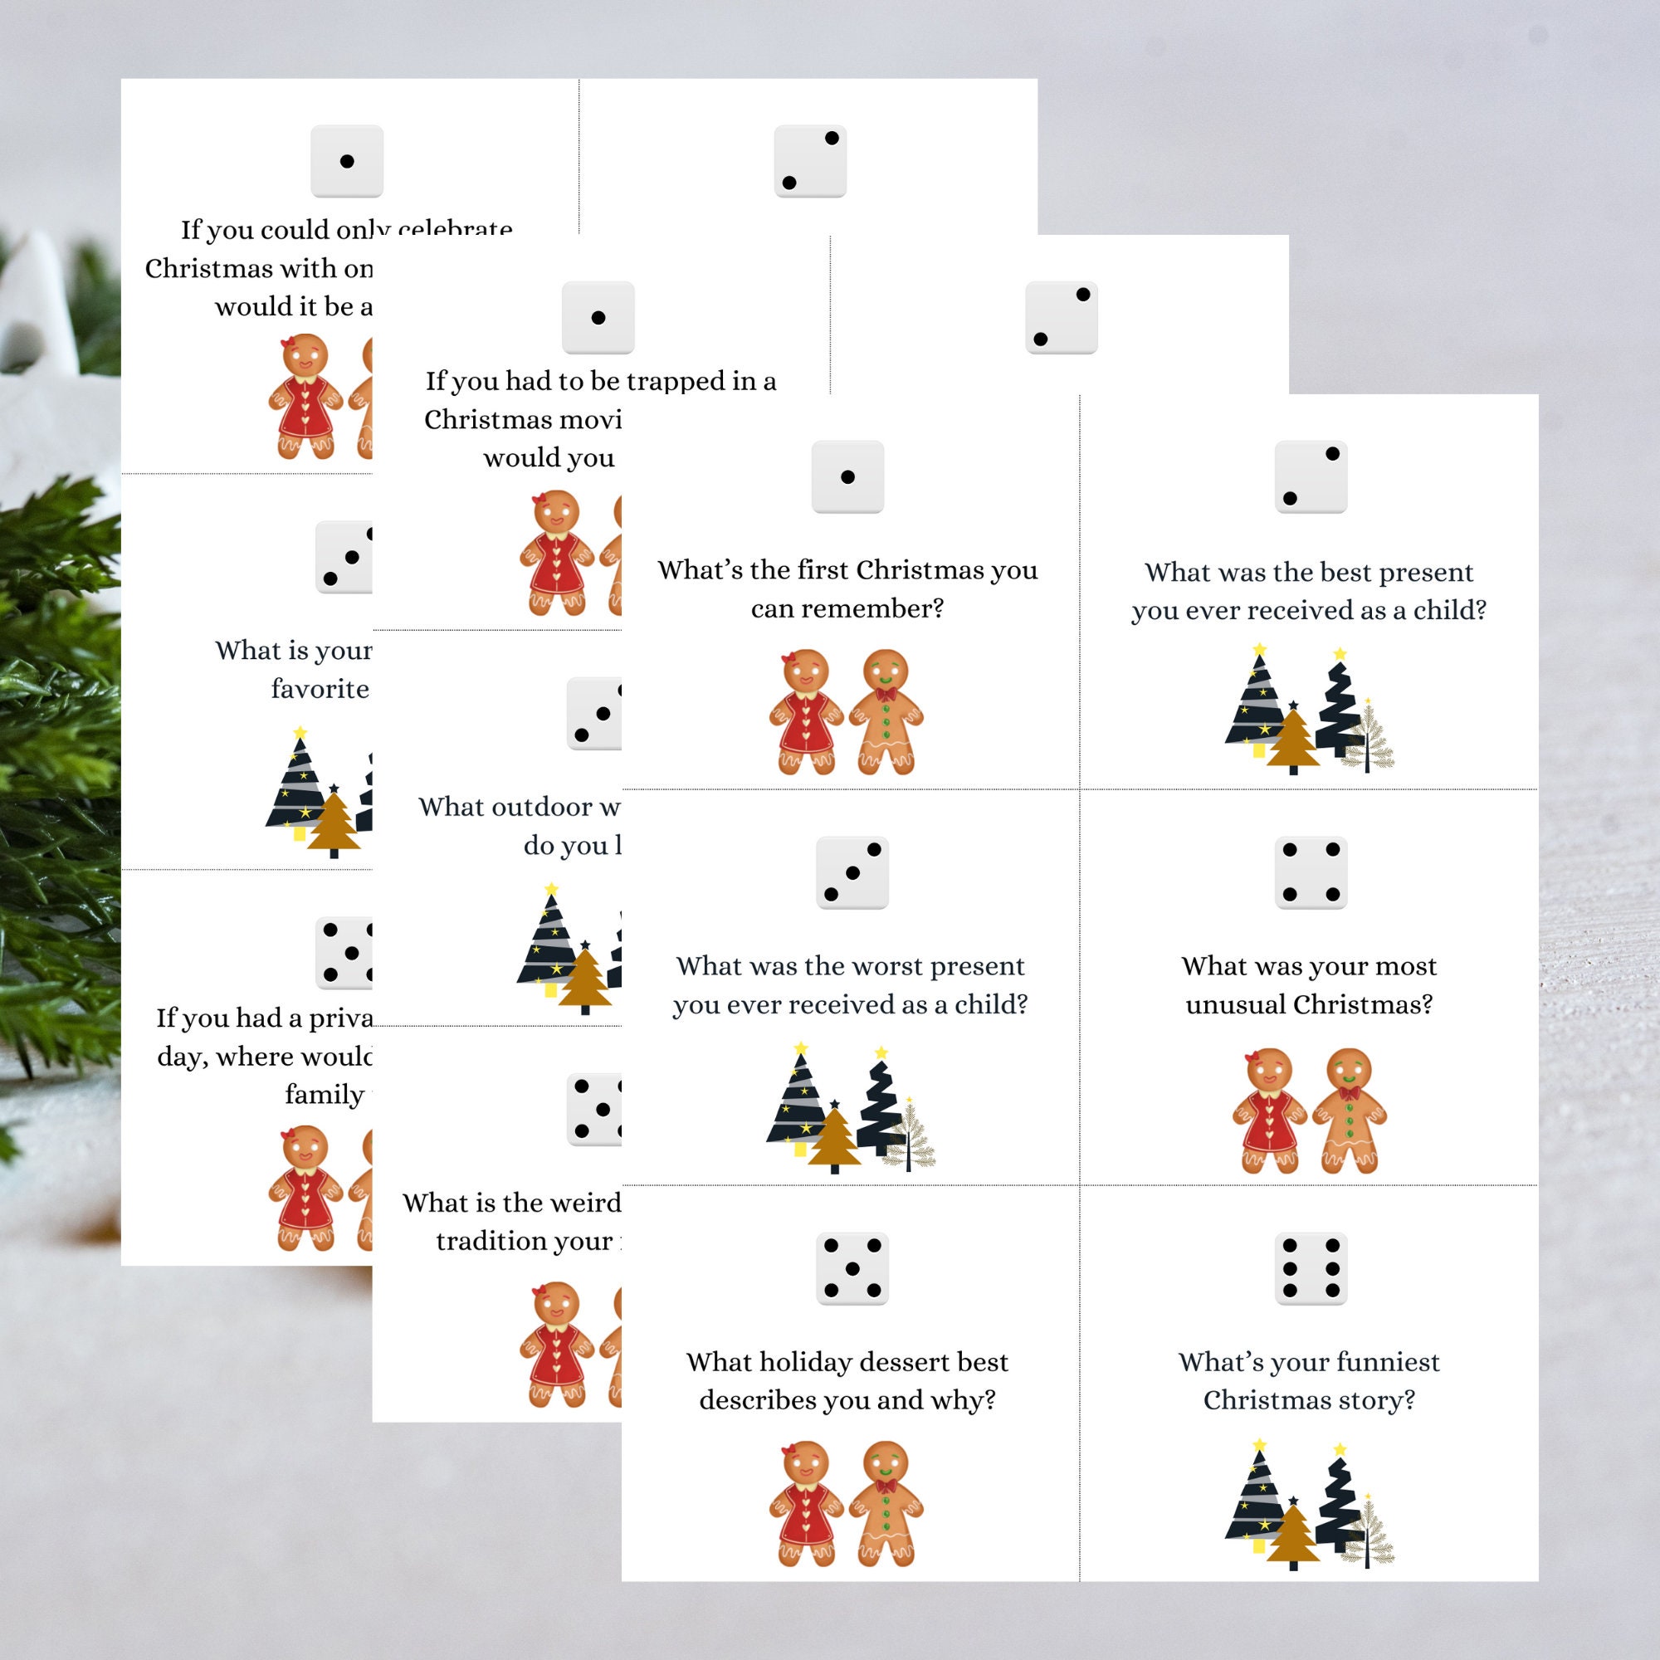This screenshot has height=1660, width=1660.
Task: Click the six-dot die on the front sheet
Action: pyautogui.click(x=1311, y=1268)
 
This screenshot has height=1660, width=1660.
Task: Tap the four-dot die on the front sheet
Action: pyautogui.click(x=1311, y=872)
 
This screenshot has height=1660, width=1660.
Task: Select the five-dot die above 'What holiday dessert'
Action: pyautogui.click(x=852, y=1268)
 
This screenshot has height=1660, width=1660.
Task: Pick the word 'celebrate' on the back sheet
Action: pyautogui.click(x=456, y=230)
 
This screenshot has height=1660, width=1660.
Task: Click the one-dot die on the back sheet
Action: pyautogui.click(x=346, y=161)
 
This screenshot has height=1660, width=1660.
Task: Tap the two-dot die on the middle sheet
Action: pyautogui.click(x=1061, y=317)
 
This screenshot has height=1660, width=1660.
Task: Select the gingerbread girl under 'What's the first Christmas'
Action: pyautogui.click(x=805, y=711)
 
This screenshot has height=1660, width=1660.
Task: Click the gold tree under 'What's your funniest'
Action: pyautogui.click(x=1292, y=1538)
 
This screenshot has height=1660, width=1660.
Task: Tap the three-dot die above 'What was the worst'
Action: pyautogui.click(x=852, y=872)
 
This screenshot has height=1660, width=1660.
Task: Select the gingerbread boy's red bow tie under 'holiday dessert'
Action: pyautogui.click(x=885, y=1486)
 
